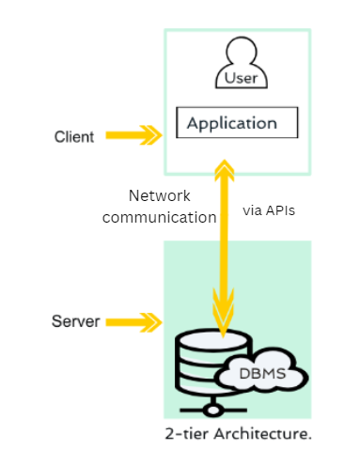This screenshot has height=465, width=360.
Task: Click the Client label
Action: (x=73, y=137)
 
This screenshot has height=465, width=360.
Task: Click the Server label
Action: (x=74, y=323)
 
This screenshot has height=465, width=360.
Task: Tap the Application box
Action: (x=238, y=123)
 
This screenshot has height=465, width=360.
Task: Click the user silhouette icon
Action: (x=240, y=66)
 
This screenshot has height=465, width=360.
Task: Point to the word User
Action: (x=241, y=79)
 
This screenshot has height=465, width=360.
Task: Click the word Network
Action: (x=159, y=196)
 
